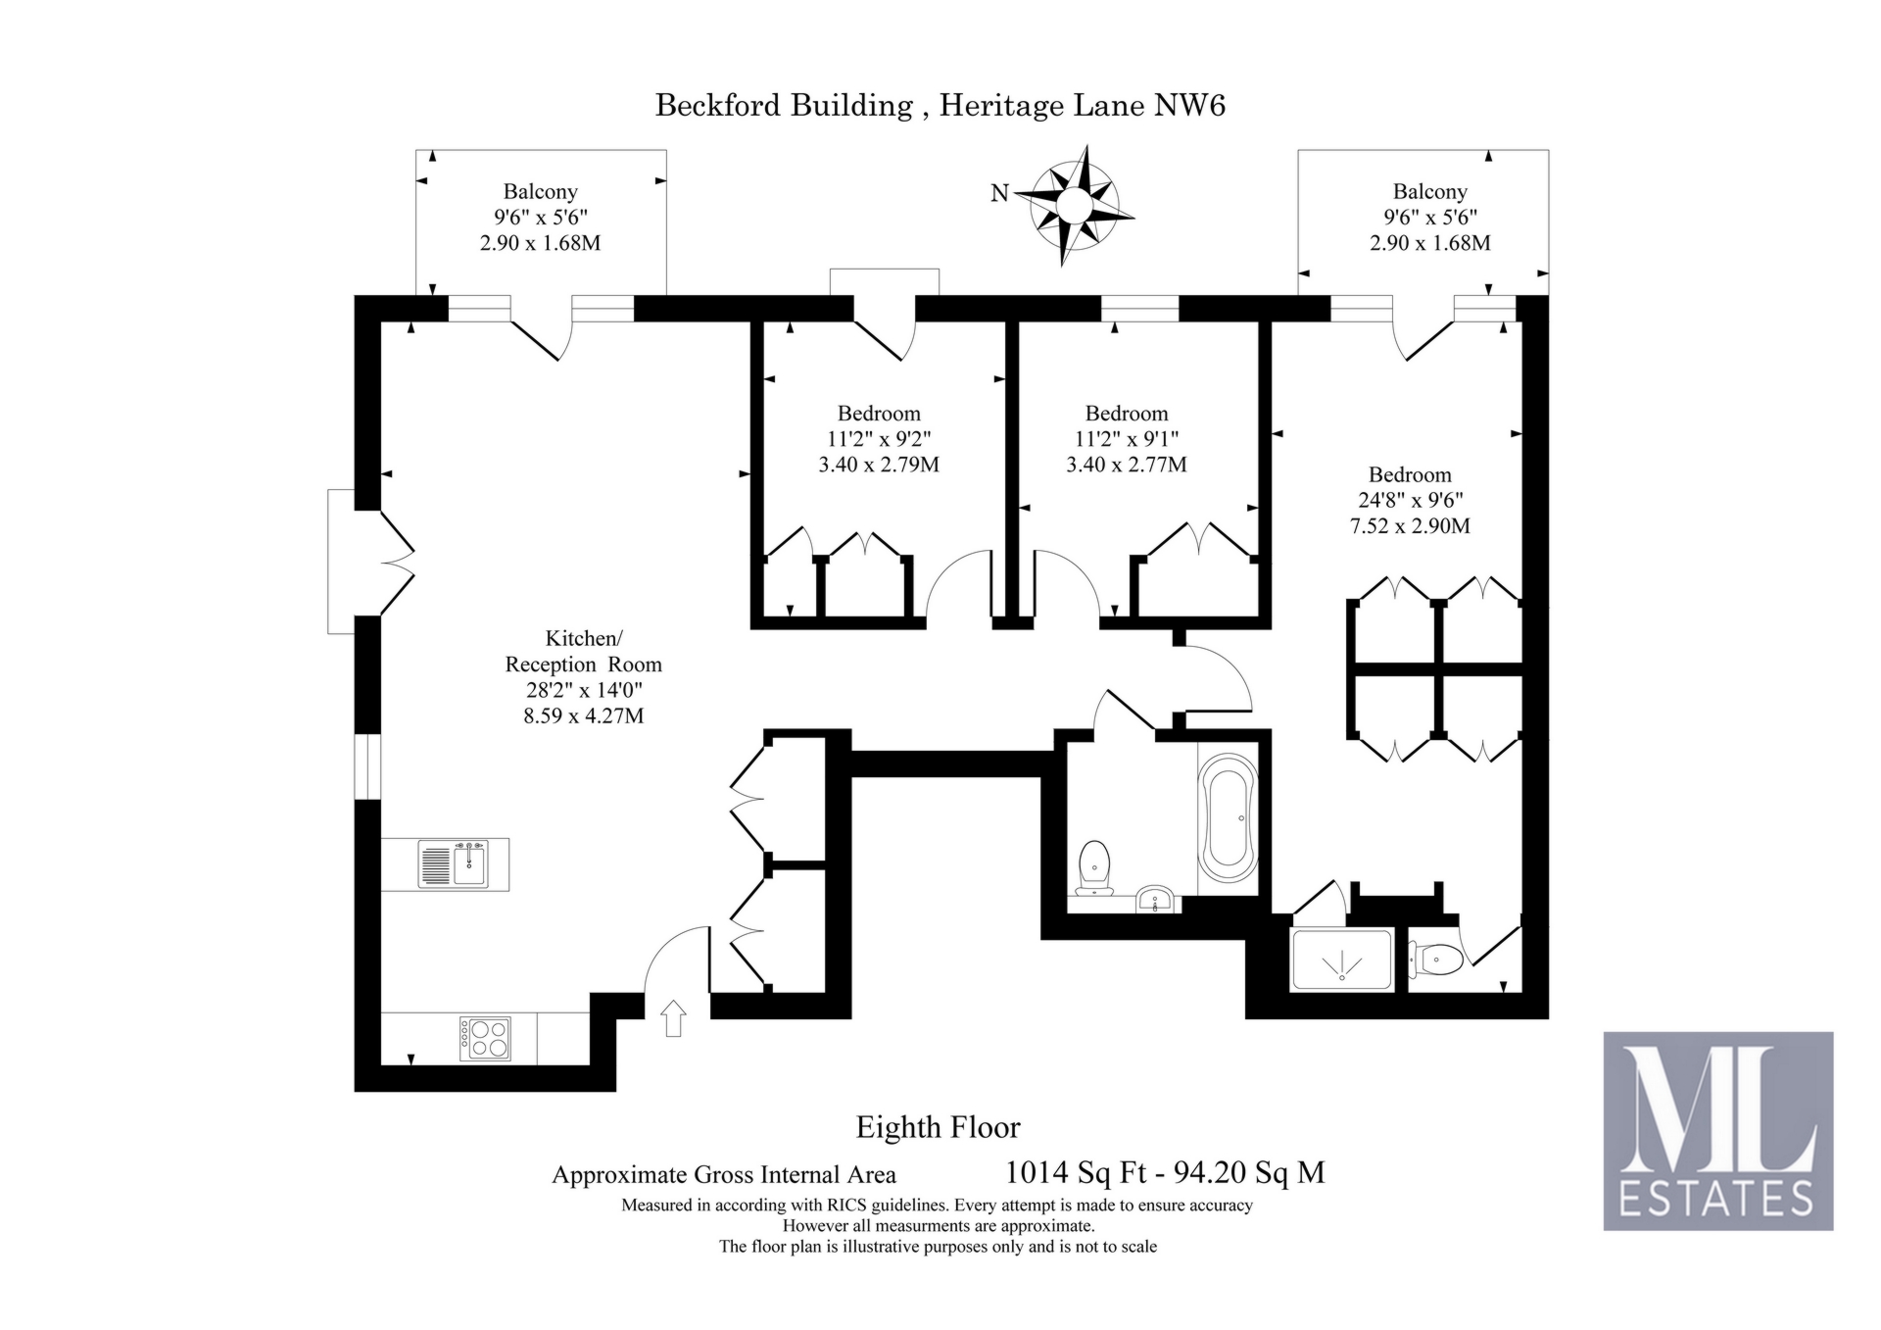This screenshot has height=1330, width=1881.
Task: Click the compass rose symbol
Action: (1073, 206)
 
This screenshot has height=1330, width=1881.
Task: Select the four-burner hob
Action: (485, 1039)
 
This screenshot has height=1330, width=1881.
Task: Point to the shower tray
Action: (1341, 960)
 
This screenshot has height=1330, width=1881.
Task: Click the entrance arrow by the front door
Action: (674, 1018)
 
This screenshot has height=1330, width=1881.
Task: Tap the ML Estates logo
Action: (1717, 1130)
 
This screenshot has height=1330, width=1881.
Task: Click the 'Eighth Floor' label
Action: (938, 1127)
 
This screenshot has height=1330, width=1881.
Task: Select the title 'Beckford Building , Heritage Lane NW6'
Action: (940, 105)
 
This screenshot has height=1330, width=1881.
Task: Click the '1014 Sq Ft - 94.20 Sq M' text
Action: (1165, 1172)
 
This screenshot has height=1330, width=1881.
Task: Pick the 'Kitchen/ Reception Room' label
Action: (583, 651)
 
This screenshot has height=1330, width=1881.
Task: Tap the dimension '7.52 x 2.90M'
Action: (1410, 525)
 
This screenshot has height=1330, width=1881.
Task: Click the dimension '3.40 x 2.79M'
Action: (879, 465)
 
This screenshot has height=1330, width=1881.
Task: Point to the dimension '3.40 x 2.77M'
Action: (1127, 465)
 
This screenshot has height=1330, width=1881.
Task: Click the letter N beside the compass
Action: (999, 193)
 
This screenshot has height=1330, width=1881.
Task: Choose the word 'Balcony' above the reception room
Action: (540, 192)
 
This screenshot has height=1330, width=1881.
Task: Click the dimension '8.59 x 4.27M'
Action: (583, 715)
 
